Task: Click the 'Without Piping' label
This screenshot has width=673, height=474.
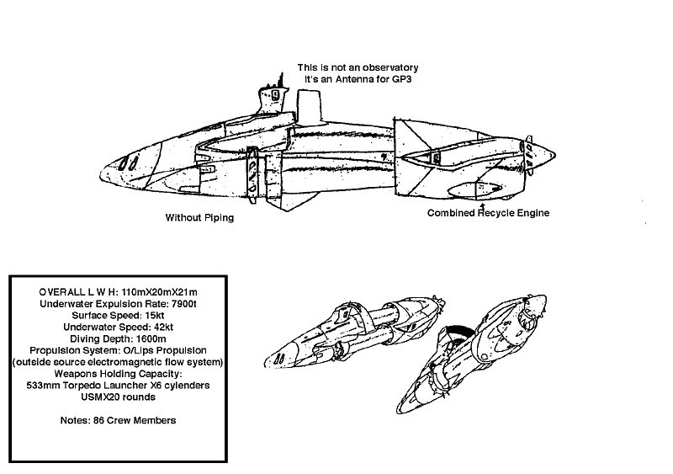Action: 199,217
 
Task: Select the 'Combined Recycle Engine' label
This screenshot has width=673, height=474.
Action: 488,213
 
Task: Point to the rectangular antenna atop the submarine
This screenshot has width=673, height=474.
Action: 309,105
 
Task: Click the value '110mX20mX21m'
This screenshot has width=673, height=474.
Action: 160,292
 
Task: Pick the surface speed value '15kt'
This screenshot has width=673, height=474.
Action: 155,316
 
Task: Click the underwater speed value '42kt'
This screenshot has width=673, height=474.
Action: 163,327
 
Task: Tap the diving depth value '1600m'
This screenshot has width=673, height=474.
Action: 151,338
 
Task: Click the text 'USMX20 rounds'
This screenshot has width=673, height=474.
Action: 118,397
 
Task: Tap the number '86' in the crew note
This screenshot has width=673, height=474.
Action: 98,420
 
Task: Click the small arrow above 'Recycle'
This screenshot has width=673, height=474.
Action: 482,207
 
